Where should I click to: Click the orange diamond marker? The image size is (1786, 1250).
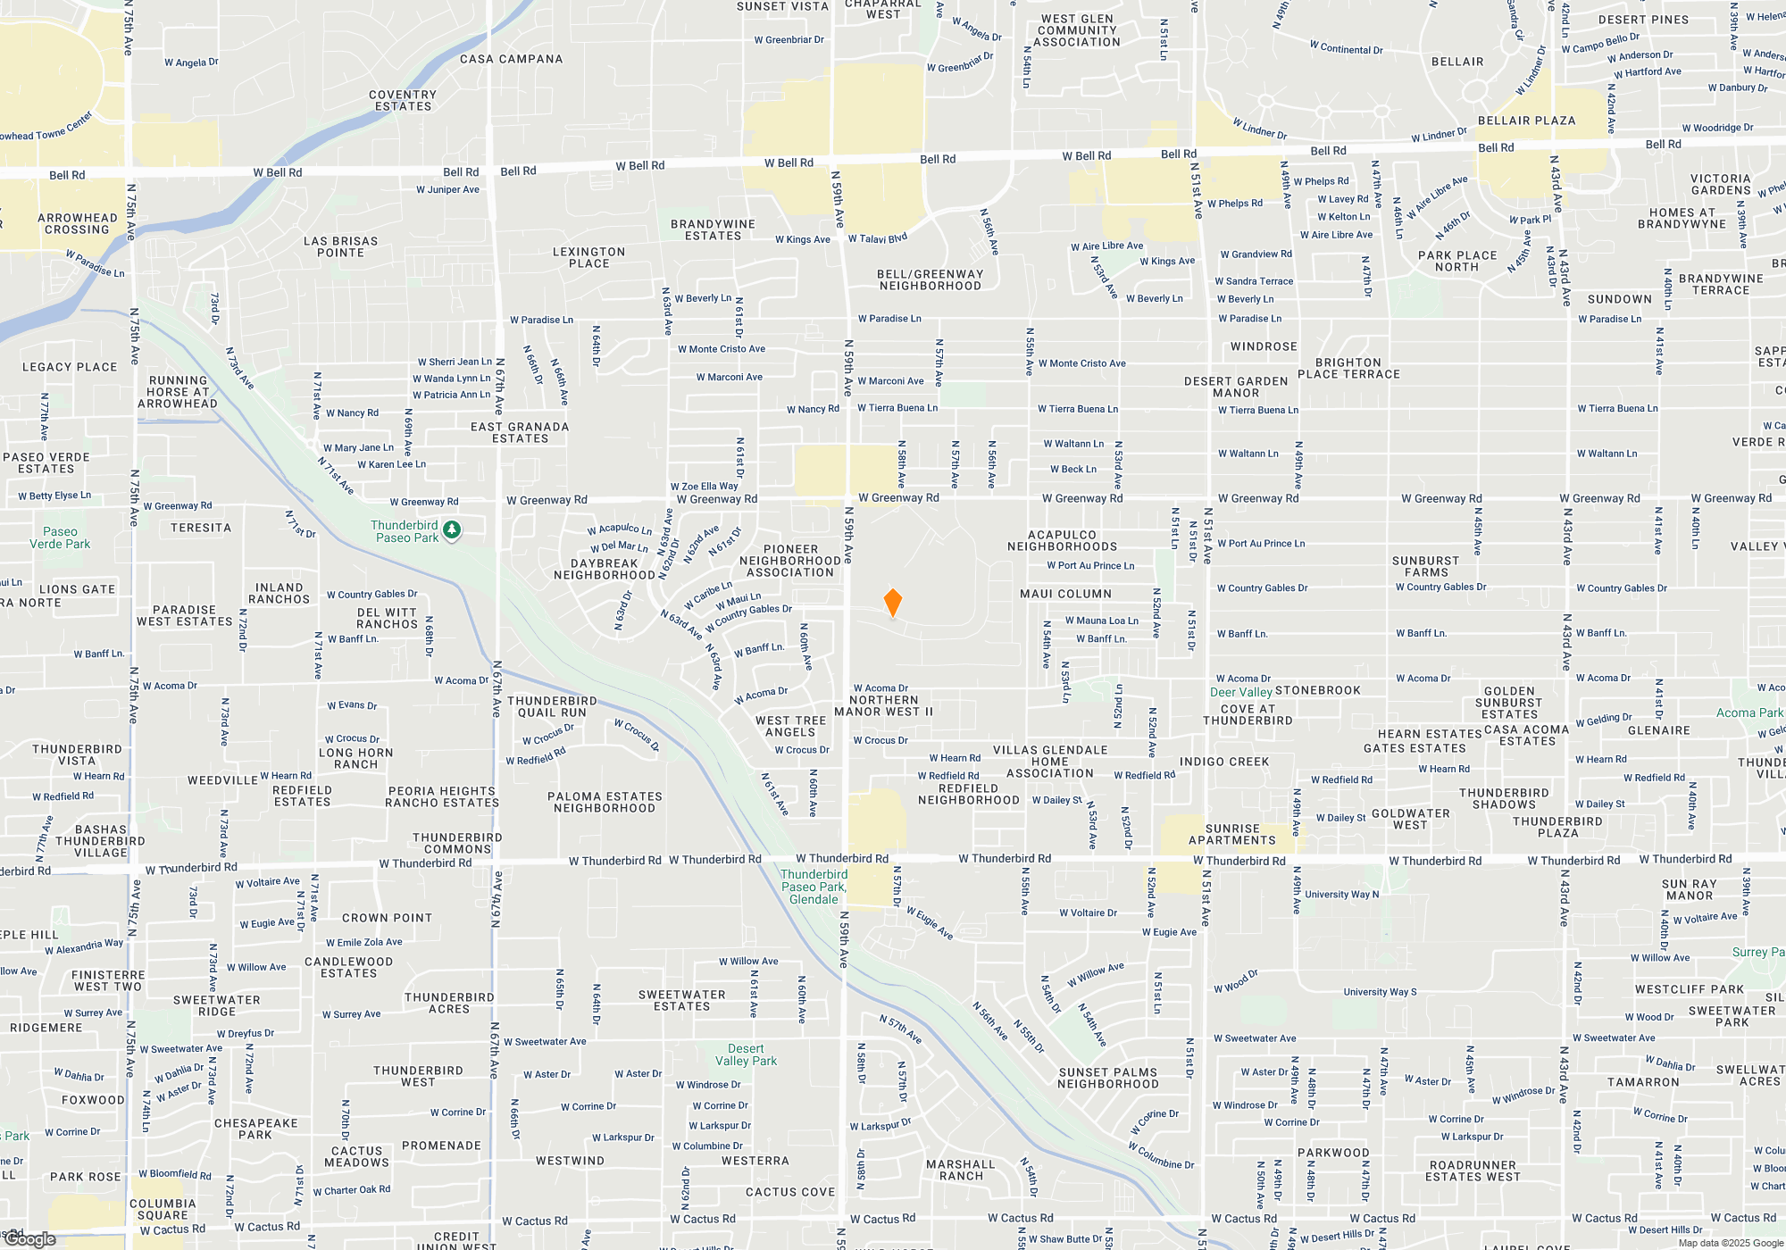click(x=892, y=603)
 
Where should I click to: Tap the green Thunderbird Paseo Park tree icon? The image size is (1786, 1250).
click(x=452, y=530)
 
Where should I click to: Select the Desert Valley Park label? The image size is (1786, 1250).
click(x=746, y=1054)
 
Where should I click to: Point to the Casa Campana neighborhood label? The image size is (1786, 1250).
click(x=511, y=59)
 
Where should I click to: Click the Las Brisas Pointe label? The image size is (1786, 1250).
click(x=340, y=246)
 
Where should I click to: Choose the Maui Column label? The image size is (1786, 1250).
click(x=1065, y=594)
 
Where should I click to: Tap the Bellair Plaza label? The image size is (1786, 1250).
click(x=1526, y=121)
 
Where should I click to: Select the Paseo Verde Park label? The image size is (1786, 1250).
click(x=60, y=537)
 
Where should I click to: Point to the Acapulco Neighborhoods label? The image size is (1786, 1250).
click(x=1062, y=540)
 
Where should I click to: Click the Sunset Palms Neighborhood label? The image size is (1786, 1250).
click(x=1107, y=1078)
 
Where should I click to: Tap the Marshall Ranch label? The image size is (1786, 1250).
click(x=960, y=1170)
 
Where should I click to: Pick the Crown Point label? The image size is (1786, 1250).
click(x=387, y=918)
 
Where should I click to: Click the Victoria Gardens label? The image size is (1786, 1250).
click(x=1720, y=184)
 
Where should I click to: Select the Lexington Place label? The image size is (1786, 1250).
click(x=588, y=257)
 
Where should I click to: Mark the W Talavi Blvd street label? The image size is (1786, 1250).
click(x=877, y=238)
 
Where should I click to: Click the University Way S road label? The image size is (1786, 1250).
click(x=1380, y=992)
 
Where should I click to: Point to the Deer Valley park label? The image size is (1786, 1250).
click(x=1240, y=692)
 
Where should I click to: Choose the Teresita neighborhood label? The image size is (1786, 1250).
click(x=201, y=528)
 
